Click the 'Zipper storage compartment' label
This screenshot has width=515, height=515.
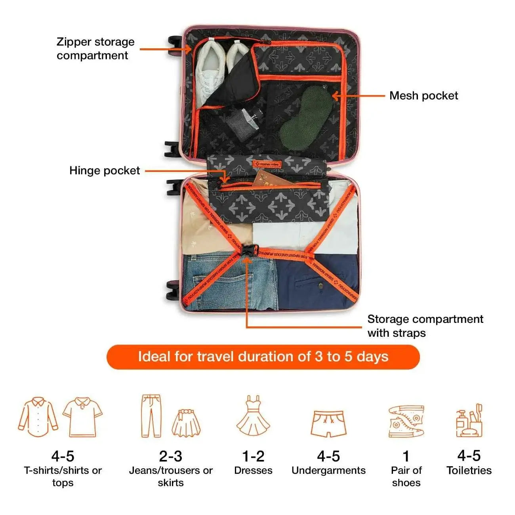(95, 49)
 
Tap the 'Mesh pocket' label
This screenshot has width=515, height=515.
(423, 95)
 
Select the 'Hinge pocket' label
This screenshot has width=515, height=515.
(105, 171)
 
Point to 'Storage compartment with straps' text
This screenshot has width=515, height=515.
(425, 326)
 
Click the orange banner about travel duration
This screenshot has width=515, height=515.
(263, 357)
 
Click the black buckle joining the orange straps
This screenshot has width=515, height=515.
(248, 251)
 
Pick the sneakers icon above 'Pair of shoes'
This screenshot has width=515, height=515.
(406, 421)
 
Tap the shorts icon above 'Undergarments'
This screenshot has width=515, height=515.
(328, 423)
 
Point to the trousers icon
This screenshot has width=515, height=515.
(151, 416)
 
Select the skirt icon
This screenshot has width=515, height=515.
(186, 423)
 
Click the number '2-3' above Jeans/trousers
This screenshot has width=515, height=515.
(170, 456)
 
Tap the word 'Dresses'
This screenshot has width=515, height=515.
(253, 471)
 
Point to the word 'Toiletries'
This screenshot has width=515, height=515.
(469, 471)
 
